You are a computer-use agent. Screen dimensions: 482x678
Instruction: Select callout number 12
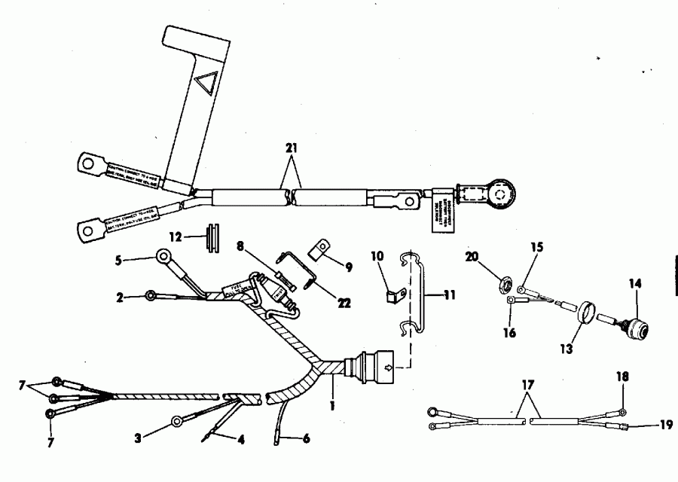coord(175,236)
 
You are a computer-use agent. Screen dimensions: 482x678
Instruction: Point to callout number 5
coord(118,261)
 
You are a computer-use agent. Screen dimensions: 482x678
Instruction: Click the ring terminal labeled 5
coord(161,258)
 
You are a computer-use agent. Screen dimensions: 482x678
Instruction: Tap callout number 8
coord(241,246)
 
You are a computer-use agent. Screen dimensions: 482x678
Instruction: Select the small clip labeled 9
coord(320,248)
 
